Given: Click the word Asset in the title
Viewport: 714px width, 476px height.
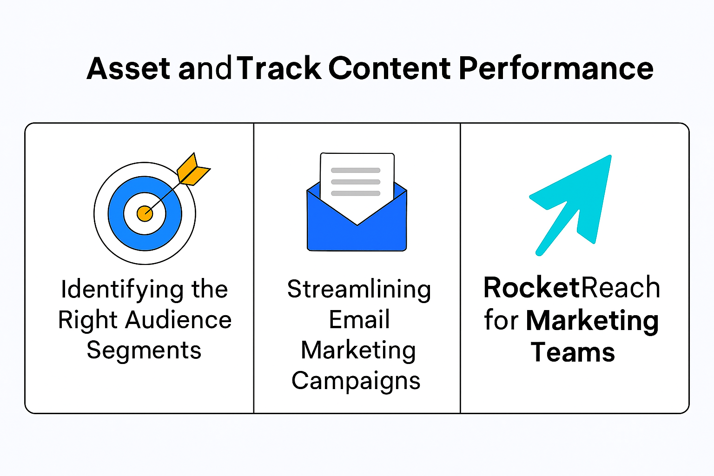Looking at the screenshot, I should [x=128, y=69].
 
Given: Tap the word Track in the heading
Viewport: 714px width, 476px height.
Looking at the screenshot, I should [x=279, y=69].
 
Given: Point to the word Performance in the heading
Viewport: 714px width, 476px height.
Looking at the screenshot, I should [x=556, y=69].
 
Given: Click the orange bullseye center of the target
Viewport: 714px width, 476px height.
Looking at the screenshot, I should [x=145, y=214].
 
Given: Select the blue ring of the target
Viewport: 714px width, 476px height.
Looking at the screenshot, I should [x=116, y=214].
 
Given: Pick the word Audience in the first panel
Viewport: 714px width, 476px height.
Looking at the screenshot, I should [x=178, y=320].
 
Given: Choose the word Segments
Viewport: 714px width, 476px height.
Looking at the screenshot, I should [x=144, y=350].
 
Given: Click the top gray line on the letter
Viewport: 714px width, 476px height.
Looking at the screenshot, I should [x=356, y=171].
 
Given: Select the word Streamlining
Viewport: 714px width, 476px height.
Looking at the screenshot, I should [x=359, y=290].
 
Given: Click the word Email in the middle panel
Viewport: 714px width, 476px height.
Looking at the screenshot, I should [x=359, y=320].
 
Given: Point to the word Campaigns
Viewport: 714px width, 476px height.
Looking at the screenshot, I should [x=356, y=381].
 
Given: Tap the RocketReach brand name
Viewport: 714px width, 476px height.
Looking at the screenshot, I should [x=572, y=288].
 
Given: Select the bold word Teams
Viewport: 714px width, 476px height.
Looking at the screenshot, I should [x=573, y=352].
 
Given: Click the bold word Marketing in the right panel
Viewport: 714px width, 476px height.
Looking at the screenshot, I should [x=592, y=321].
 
